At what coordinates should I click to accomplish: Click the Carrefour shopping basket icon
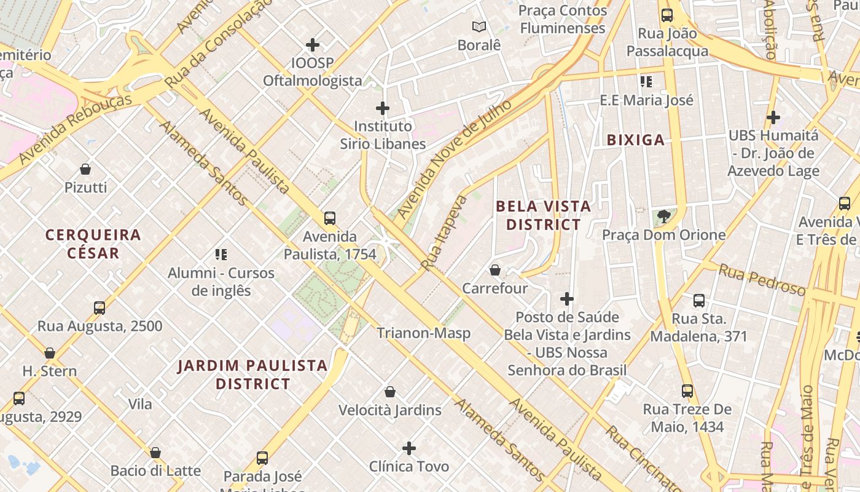coord(495,270)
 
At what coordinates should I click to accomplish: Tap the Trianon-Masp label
coord(424,333)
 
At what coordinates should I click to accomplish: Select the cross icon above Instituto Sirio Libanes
coord(383,108)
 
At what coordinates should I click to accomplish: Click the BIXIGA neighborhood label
coord(636,140)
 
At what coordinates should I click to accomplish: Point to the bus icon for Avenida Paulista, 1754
coord(330,218)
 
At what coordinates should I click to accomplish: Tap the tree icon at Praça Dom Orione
coord(663,216)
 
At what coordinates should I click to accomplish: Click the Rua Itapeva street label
coord(444,232)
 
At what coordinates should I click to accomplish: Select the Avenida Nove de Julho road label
coord(455,159)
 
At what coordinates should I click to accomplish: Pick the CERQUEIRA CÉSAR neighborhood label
coord(93,244)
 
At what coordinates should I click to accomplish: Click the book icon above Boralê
coord(479,26)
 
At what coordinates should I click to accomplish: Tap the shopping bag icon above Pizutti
coord(85,169)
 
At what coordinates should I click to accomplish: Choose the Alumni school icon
coord(221,254)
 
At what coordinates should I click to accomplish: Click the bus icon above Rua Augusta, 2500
coord(100,307)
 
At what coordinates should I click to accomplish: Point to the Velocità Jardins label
coord(389,410)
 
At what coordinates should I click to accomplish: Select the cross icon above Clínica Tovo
coord(409,448)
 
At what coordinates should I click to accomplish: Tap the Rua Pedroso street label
coord(761,280)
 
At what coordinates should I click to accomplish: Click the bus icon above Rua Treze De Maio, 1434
coord(687,391)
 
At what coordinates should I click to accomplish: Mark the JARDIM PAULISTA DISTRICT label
coord(252,375)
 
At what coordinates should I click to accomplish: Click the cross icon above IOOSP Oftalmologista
coord(313,45)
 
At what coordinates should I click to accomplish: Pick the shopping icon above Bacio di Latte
coord(155,453)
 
